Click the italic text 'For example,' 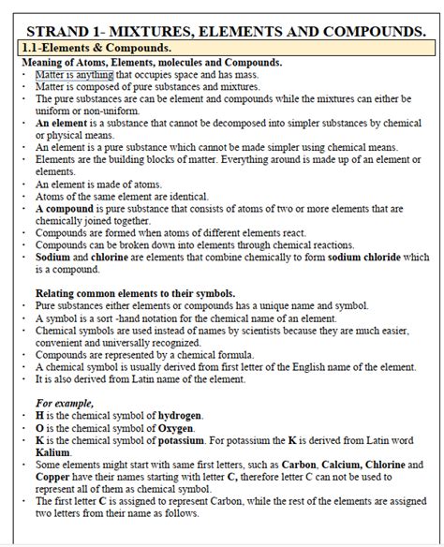coord(64,403)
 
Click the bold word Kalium coord(53,451)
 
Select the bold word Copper coord(55,476)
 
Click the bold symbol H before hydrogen coord(39,415)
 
